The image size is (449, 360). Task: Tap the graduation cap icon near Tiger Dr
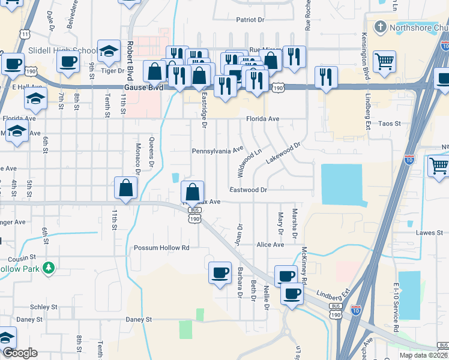coord(109,52)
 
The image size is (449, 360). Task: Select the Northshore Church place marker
coord(380,27)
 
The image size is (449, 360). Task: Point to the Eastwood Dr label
coord(248,190)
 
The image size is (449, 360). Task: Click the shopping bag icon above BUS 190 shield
coord(193,193)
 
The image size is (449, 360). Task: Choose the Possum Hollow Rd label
coord(161,248)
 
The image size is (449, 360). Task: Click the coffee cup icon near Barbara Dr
coord(219,273)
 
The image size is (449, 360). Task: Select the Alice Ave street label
coord(270,245)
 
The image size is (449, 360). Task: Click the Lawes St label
coord(429,232)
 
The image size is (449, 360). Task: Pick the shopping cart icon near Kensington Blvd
coord(384,60)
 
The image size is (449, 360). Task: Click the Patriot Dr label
coord(250,20)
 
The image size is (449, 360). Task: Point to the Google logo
coord(20,353)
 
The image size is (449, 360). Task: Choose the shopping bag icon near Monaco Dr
coord(125,188)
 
